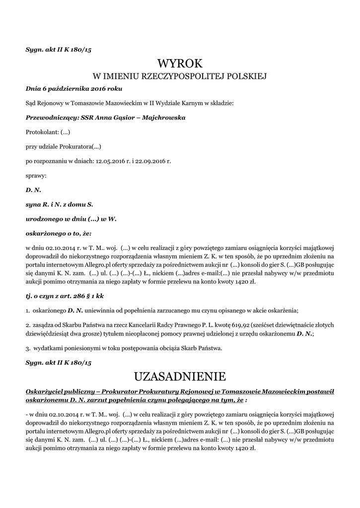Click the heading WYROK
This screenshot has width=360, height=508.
pos(180,63)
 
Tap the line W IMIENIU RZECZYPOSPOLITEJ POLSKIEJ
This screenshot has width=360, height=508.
pos(180,77)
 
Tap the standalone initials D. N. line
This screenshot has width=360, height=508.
pos(33,190)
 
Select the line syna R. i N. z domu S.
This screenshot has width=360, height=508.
pos(59,204)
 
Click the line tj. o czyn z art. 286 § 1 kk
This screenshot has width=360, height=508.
pos(65,296)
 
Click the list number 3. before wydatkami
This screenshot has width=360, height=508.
pos(28,348)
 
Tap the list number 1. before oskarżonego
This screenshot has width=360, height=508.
pos(28,310)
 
